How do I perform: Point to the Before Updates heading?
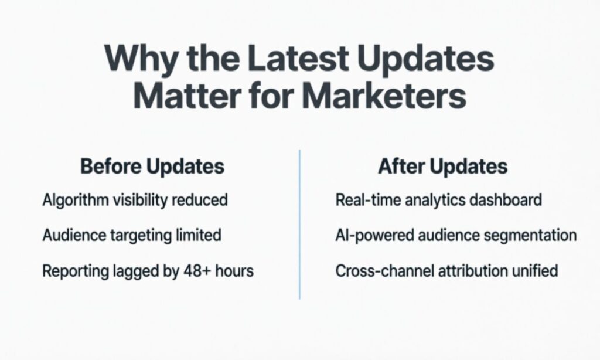(152, 166)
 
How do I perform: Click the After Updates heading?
(442, 166)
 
